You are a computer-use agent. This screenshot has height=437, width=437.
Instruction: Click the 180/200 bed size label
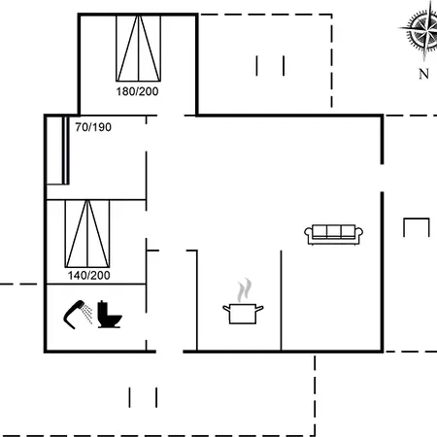click(x=137, y=91)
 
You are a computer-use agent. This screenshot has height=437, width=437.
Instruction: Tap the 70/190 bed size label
click(x=93, y=127)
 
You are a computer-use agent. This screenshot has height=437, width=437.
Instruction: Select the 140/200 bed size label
click(x=89, y=276)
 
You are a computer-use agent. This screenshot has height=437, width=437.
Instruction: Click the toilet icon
click(x=110, y=315)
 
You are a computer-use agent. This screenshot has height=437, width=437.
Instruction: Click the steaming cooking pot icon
click(x=243, y=301)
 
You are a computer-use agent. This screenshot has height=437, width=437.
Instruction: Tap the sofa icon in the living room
click(x=333, y=234)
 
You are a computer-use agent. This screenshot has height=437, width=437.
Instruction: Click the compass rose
click(x=423, y=30)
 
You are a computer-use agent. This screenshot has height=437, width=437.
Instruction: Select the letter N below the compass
click(x=423, y=74)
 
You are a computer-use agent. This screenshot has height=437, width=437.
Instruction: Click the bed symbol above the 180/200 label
click(x=139, y=48)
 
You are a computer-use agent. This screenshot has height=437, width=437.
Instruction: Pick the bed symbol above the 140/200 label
click(x=87, y=234)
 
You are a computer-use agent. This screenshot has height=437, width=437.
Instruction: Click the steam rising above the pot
click(x=244, y=290)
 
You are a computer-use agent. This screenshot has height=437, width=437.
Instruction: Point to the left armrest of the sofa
click(x=308, y=234)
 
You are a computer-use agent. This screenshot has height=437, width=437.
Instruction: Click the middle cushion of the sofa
click(x=333, y=232)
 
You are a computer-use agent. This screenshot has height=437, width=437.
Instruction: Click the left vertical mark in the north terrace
click(x=256, y=66)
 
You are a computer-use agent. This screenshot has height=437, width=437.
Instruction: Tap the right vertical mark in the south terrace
click(x=156, y=397)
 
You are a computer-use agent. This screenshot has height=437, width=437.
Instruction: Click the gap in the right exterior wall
click(x=382, y=178)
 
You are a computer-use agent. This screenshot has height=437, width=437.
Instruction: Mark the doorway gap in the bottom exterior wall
click(x=170, y=352)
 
